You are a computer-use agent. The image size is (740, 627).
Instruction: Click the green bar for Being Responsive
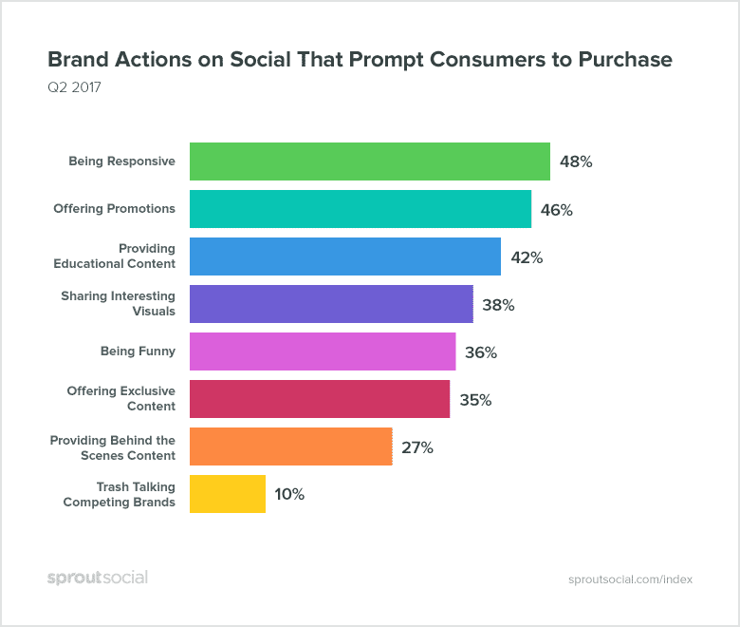[x=370, y=161]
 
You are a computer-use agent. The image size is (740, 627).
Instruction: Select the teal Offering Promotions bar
[x=361, y=209]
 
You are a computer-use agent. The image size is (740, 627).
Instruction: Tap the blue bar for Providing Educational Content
[x=345, y=256]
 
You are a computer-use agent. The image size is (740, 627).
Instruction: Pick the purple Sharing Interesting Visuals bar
[x=331, y=304]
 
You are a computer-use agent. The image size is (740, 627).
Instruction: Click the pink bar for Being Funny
[x=323, y=351]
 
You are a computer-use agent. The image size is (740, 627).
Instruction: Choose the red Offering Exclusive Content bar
[x=320, y=399]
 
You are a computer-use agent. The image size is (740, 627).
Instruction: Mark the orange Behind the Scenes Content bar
[x=291, y=446]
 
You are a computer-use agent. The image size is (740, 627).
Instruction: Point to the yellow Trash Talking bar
[x=228, y=494]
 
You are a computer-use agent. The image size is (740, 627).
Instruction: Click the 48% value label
[x=576, y=162]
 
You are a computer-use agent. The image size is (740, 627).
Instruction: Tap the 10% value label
[x=289, y=495]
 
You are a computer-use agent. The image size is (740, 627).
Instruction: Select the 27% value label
[x=416, y=447]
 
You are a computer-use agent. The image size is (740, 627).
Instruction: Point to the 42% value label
[x=527, y=257]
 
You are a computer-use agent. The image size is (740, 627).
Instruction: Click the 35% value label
[x=475, y=400]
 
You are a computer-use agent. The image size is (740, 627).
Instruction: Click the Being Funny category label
[x=138, y=351]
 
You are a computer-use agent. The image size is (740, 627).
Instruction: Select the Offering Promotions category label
[x=114, y=209]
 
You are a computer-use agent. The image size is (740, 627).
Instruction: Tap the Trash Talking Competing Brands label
[x=120, y=494]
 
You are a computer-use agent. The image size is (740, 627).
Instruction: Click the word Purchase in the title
[x=621, y=60]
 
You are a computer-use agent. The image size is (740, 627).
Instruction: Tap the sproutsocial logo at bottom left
[x=98, y=578]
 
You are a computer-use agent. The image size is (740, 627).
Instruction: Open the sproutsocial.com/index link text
[x=630, y=579]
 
